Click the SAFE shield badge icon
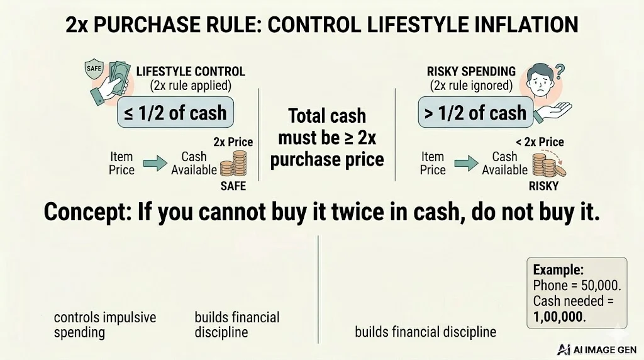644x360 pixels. pos(93,68)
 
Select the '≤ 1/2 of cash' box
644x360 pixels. pos(175,113)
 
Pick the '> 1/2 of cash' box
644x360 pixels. pos(474,113)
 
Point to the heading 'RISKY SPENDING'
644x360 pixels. pos(471,71)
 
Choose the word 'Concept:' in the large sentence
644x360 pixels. pos(84,213)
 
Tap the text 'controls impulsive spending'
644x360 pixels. pos(104,324)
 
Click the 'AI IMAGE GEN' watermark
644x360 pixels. pos(597,349)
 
